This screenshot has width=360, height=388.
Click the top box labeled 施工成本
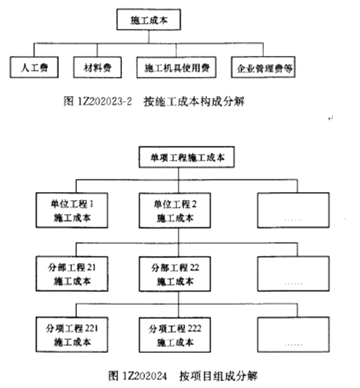(148, 20)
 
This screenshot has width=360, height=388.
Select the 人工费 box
(34, 67)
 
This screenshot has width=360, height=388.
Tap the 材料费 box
(98, 67)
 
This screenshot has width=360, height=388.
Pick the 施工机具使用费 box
(176, 67)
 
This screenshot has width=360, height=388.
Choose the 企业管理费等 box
(263, 67)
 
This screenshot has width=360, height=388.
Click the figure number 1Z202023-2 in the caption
(105, 101)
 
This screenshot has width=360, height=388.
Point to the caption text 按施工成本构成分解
(194, 101)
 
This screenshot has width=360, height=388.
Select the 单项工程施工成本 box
(186, 157)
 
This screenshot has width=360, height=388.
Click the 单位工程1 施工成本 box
(72, 210)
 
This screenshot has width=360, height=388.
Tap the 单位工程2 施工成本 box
(175, 210)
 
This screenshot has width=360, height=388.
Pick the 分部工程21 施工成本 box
(72, 273)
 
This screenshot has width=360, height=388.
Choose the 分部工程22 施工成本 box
(175, 274)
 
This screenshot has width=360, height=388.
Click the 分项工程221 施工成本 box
(72, 334)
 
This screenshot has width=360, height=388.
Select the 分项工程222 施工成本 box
(175, 335)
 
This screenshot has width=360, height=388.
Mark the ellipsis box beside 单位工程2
(293, 210)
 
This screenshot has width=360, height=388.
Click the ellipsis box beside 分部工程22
(293, 274)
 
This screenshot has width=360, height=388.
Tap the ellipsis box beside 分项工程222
(293, 334)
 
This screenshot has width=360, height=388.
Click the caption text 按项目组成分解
(218, 376)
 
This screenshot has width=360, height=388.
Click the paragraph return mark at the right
(331, 118)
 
